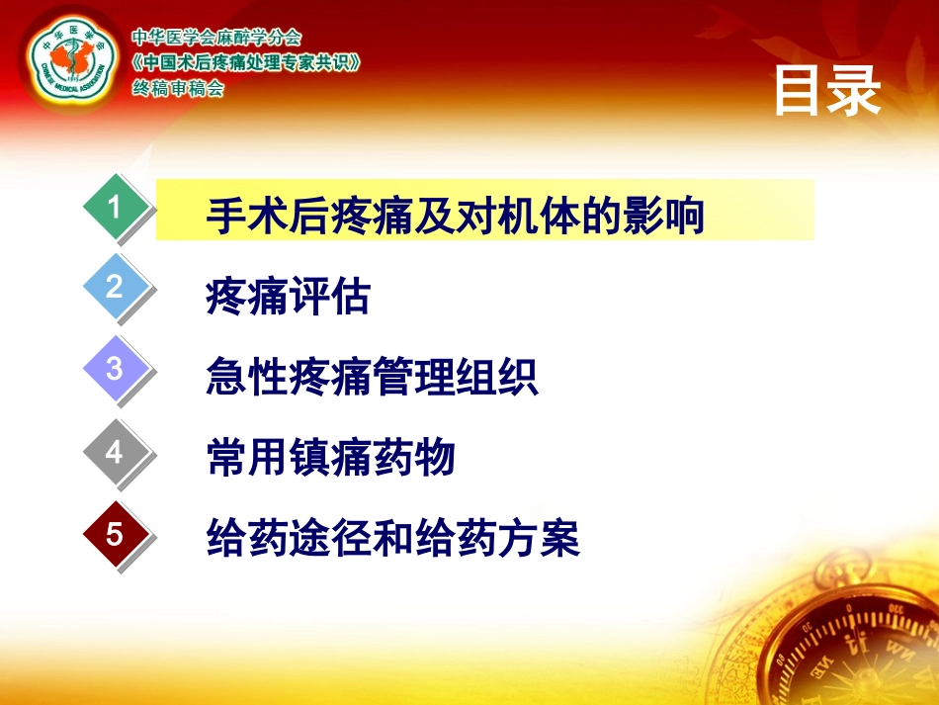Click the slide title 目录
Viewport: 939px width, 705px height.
(826, 91)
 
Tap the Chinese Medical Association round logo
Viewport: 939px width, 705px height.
(70, 61)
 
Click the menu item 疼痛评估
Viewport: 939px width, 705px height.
(288, 297)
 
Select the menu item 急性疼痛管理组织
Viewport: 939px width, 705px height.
(372, 378)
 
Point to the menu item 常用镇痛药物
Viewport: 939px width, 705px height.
(330, 459)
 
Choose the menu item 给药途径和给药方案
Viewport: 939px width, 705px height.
(392, 540)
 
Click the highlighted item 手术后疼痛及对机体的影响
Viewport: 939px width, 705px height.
(455, 216)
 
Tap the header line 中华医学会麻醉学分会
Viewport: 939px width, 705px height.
(216, 39)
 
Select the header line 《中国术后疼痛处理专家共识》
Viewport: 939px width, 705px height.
(246, 63)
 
